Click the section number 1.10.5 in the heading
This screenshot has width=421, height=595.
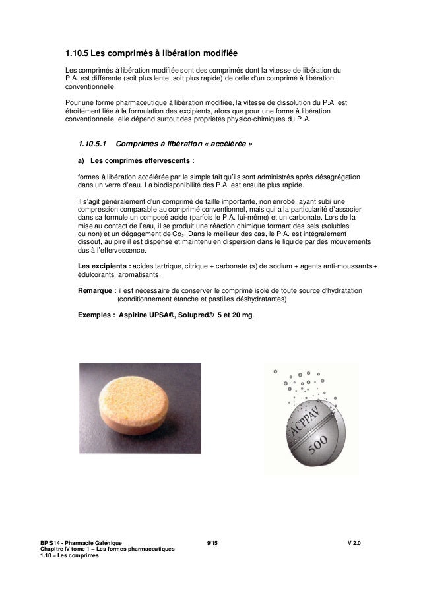[x=75, y=52]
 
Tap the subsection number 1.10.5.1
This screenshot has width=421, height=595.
[x=92, y=144]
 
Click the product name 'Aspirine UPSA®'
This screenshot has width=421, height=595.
[x=148, y=316]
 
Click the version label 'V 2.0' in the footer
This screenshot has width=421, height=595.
[x=356, y=543]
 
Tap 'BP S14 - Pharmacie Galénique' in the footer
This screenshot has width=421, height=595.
[x=81, y=543]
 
